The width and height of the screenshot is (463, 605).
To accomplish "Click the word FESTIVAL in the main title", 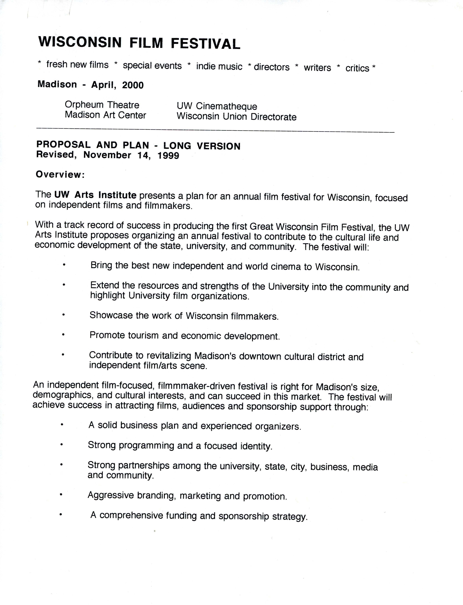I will (205, 44).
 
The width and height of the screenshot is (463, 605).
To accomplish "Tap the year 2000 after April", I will (133, 85).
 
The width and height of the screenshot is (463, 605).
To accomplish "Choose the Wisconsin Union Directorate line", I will (236, 117).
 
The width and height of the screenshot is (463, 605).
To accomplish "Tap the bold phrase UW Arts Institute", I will (95, 195).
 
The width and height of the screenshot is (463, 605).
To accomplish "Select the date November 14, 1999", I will (131, 155).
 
